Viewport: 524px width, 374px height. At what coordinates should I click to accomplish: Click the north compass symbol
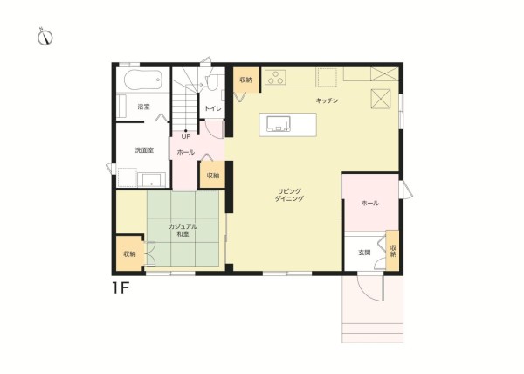[x=45, y=37]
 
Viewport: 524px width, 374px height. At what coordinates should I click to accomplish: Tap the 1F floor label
[x=121, y=287]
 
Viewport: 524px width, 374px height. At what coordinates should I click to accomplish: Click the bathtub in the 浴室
[x=143, y=80]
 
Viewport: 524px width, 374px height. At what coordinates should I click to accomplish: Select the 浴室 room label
[x=144, y=107]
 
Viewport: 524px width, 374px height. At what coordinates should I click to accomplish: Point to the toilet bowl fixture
[x=211, y=82]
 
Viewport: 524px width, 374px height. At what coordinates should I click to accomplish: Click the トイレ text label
[x=213, y=108]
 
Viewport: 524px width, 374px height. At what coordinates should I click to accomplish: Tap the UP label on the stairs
[x=186, y=136]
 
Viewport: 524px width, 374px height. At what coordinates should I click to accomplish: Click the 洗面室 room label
[x=144, y=150]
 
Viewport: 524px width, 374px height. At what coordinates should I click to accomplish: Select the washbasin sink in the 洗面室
[x=152, y=180]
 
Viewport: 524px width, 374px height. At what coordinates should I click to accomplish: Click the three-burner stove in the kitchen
[x=275, y=78]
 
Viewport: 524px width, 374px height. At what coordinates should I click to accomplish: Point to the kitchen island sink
[x=279, y=124]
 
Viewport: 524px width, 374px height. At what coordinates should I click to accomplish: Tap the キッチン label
[x=327, y=100]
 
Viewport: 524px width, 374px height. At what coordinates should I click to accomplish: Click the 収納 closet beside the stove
[x=246, y=80]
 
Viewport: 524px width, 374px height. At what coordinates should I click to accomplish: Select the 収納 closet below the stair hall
[x=212, y=175]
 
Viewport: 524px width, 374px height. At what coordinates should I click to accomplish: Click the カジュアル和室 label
[x=183, y=231]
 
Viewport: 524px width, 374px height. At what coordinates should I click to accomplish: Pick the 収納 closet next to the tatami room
[x=129, y=253]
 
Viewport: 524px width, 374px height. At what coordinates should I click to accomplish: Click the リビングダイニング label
[x=289, y=195]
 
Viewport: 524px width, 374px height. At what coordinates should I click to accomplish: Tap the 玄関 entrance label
[x=364, y=253]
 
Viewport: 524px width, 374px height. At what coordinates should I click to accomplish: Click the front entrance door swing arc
[x=367, y=291]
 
